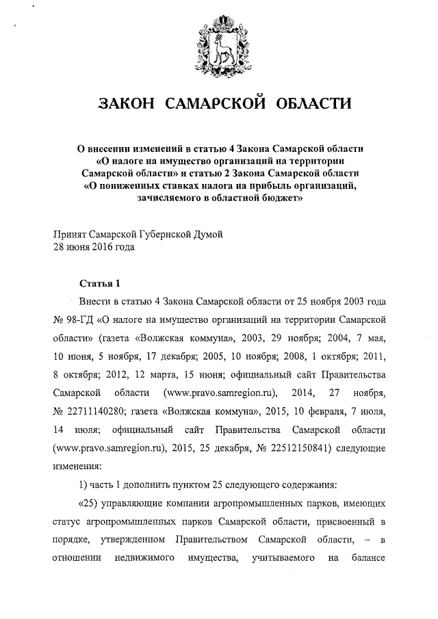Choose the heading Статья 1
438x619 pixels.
[x=99, y=283]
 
